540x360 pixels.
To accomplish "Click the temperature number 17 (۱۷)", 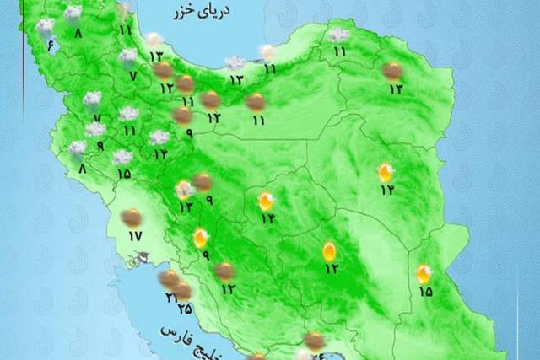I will [x=135, y=235].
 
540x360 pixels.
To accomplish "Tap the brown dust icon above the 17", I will [x=131, y=218].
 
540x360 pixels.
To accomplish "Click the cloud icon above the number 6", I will [x=45, y=27].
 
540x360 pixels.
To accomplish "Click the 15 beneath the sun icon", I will [x=424, y=292].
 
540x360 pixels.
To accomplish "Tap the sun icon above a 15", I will [x=424, y=273].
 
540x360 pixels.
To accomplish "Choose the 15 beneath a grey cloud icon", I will [x=124, y=175].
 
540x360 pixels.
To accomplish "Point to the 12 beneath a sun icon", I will [x=330, y=269].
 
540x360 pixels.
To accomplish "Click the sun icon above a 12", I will [x=329, y=250].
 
